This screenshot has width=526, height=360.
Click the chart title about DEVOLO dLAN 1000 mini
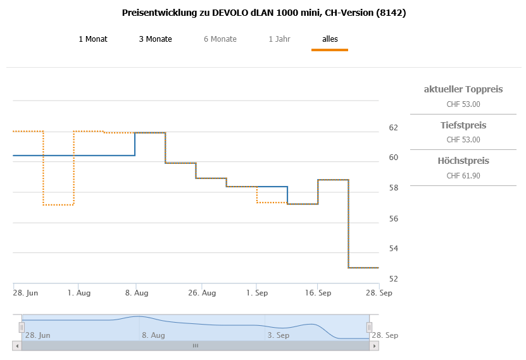[x=263, y=13]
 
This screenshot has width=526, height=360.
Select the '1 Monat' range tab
[x=93, y=39]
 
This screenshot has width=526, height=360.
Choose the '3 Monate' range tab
[x=155, y=39]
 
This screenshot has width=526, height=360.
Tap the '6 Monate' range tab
[x=220, y=39]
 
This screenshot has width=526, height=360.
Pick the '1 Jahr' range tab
[x=280, y=39]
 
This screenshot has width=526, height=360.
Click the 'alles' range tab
[x=330, y=39]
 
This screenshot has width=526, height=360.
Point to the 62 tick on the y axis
[x=393, y=128]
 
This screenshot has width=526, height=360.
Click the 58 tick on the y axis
[x=393, y=189]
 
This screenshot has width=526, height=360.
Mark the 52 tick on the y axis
[x=393, y=279]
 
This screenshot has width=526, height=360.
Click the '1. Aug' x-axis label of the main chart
[x=78, y=293]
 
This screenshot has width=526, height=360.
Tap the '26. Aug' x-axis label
[x=203, y=293]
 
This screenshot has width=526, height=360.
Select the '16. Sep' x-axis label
[x=318, y=293]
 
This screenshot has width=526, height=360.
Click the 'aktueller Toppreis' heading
[x=463, y=90]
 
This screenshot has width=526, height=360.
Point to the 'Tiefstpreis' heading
[x=463, y=125]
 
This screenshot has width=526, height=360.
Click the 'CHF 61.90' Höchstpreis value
[x=463, y=175]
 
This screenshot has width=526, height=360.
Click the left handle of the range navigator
[x=22, y=327]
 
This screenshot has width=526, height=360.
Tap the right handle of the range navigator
[x=370, y=327]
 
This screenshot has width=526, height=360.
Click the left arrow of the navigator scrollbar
[x=16, y=345]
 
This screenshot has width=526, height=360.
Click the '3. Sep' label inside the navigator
[x=279, y=335]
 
